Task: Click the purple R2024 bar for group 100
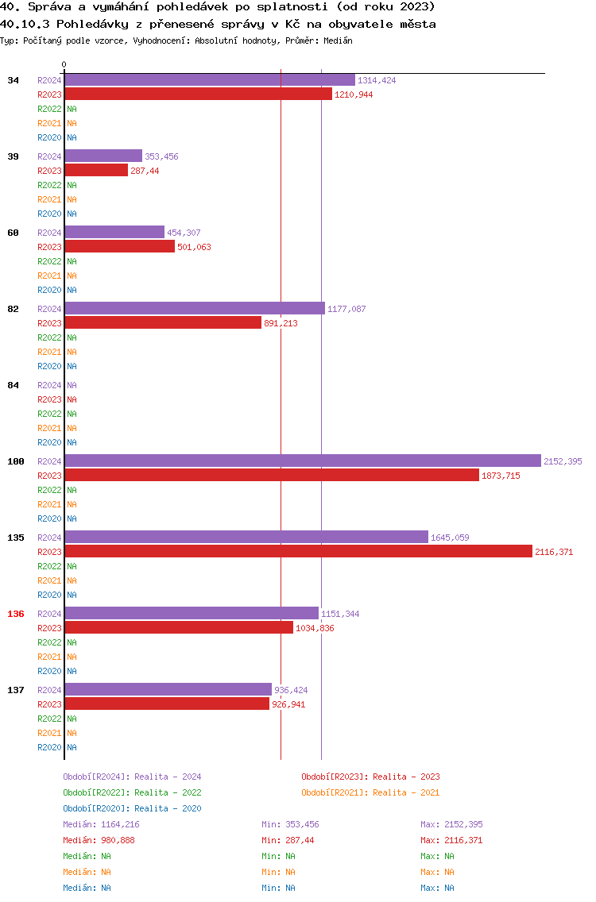303,461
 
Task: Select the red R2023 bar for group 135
298,552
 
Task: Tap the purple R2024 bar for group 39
103,156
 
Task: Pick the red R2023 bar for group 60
120,247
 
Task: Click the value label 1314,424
377,80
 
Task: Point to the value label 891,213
281,323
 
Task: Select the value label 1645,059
450,538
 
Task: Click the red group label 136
16,614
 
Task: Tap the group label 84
14,385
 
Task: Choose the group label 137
16,690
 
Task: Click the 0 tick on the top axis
64,64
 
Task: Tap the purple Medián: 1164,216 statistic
102,824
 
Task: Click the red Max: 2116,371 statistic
451,840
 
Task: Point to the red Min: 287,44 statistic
288,840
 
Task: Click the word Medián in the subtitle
338,40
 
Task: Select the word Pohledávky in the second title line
92,24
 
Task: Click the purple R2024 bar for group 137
168,689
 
